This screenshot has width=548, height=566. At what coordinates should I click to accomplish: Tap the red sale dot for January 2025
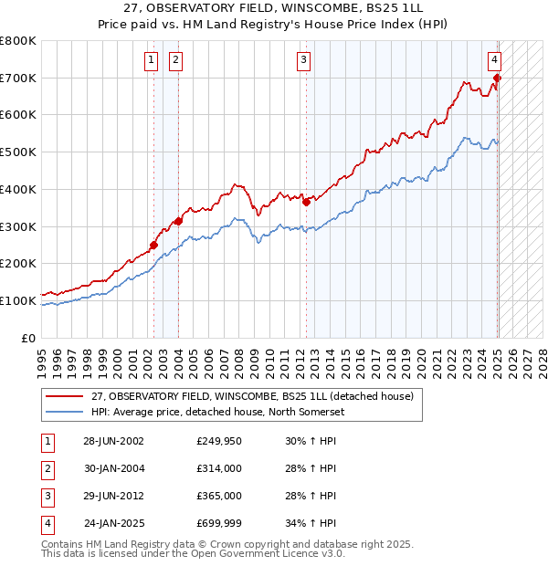click(498, 78)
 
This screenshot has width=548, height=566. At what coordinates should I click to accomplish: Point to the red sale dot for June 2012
click(307, 203)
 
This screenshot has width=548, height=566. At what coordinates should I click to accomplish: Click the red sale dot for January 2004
click(179, 221)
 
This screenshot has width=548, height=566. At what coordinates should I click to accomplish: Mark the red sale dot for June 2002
click(154, 245)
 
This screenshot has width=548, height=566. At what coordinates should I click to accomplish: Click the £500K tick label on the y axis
click(18, 152)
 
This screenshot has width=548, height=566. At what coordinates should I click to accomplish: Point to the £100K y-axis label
click(18, 300)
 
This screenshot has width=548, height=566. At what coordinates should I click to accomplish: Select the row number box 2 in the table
click(47, 468)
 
